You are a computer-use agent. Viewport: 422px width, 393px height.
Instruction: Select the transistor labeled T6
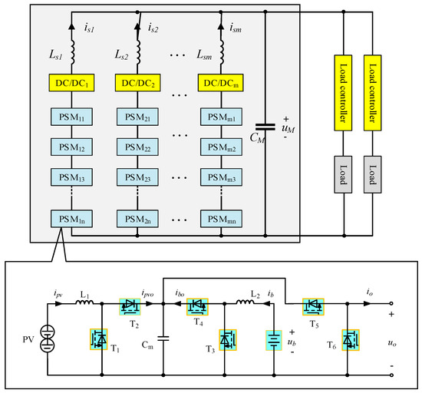tap(350, 339)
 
